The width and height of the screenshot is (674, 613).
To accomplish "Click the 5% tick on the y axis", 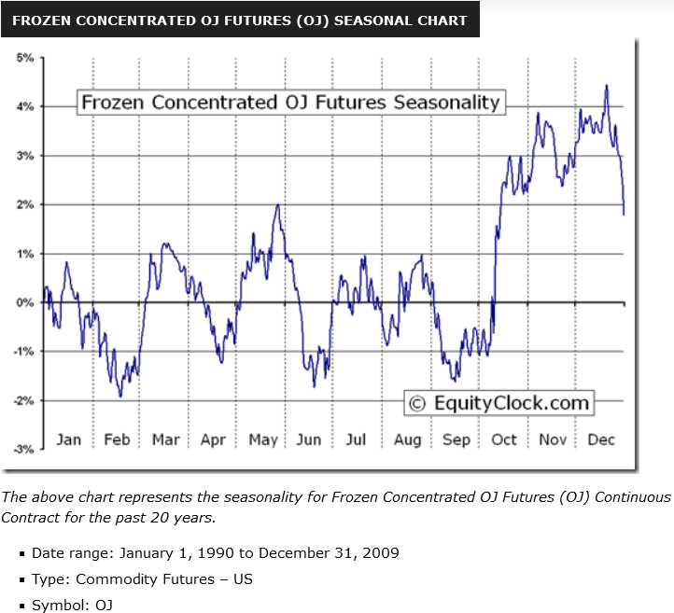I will [25, 58].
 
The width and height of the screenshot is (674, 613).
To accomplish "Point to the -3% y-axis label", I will [23, 449].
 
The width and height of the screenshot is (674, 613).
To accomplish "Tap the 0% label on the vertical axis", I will [25, 302].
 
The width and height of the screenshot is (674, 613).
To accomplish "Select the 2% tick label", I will [25, 204].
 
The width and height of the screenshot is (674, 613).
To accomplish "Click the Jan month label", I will [69, 439].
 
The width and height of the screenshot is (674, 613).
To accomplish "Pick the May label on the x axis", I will [262, 439].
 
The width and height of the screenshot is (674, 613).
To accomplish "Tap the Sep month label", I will [456, 439].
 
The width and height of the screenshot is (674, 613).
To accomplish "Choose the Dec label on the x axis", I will [601, 439].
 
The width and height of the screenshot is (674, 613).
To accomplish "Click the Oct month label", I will [504, 439].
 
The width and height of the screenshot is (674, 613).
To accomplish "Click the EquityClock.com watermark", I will [498, 403].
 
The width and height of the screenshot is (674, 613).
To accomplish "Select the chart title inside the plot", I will [290, 103].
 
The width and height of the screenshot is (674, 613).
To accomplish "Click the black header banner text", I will [240, 20].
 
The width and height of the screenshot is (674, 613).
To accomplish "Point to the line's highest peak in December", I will [607, 86].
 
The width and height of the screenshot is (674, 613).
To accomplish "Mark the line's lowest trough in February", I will [119, 397].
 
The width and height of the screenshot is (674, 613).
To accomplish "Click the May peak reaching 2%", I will [277, 204].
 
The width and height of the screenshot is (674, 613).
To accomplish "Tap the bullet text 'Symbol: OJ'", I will [73, 606].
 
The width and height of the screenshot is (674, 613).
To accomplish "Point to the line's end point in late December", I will [624, 214].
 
